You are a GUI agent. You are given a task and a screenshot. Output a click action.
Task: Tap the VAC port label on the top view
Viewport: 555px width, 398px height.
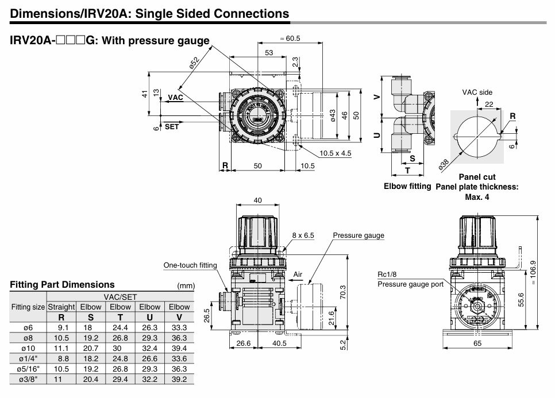pyautogui.click(x=175, y=98)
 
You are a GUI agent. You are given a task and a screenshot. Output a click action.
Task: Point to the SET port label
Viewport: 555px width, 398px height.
pyautogui.click(x=172, y=127)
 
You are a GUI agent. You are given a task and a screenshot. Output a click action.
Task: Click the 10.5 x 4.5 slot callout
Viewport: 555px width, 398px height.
pyautogui.click(x=335, y=153)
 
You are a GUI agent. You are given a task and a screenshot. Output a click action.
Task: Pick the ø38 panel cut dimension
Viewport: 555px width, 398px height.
pyautogui.click(x=444, y=164)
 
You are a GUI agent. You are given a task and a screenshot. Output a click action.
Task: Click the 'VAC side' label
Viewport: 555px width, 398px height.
pyautogui.click(x=477, y=92)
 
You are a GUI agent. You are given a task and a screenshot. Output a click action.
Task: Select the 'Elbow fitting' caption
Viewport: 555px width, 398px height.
pyautogui.click(x=407, y=186)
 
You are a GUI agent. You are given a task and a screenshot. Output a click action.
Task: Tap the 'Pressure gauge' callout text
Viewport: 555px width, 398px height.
pyautogui.click(x=359, y=235)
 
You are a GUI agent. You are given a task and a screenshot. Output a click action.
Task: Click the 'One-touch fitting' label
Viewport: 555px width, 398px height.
pyautogui.click(x=190, y=265)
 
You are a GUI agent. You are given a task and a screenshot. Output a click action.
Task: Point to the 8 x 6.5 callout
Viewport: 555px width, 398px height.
pyautogui.click(x=303, y=235)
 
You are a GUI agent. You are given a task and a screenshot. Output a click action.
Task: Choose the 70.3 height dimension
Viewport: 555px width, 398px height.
pyautogui.click(x=344, y=292)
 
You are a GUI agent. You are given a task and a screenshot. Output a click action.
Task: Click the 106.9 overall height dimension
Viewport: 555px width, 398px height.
pyautogui.click(x=533, y=272)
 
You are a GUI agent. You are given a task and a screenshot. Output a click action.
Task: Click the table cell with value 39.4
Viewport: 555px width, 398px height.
pyautogui.click(x=179, y=348)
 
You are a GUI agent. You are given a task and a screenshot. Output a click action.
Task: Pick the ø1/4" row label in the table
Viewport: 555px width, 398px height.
pyautogui.click(x=28, y=358)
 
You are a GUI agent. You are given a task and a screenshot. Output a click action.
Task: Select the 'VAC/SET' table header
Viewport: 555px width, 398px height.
pyautogui.click(x=120, y=296)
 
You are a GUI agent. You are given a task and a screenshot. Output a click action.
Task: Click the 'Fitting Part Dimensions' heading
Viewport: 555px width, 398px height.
pyautogui.click(x=62, y=284)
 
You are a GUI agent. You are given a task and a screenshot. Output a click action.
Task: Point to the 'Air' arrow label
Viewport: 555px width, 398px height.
pyautogui.click(x=298, y=275)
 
